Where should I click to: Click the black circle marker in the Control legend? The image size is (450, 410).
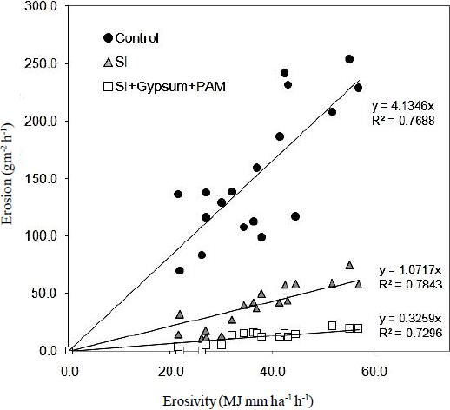108,38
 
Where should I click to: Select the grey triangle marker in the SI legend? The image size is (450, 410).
108,63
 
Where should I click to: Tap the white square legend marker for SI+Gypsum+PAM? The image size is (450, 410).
108,86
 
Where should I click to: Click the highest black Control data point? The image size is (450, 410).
349,59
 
